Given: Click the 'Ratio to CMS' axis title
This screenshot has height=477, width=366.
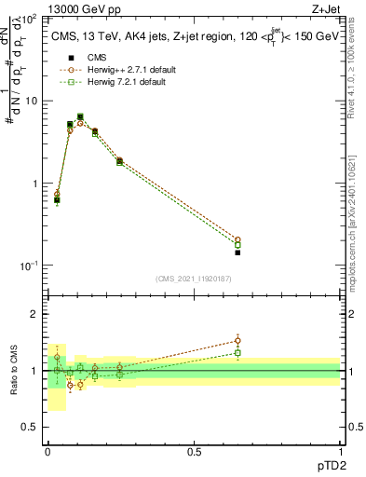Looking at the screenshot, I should (15, 371).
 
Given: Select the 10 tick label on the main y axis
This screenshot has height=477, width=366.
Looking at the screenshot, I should (31, 101).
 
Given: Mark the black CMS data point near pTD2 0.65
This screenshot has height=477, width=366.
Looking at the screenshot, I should (237, 252).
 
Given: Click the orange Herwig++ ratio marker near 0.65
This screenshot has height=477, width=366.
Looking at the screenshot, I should (237, 340).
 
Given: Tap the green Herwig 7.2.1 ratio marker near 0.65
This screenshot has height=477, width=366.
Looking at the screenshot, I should (237, 352).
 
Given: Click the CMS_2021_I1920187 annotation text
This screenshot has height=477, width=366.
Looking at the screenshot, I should (194, 279).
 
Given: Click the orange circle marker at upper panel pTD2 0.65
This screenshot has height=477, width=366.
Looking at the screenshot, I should (237, 239).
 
